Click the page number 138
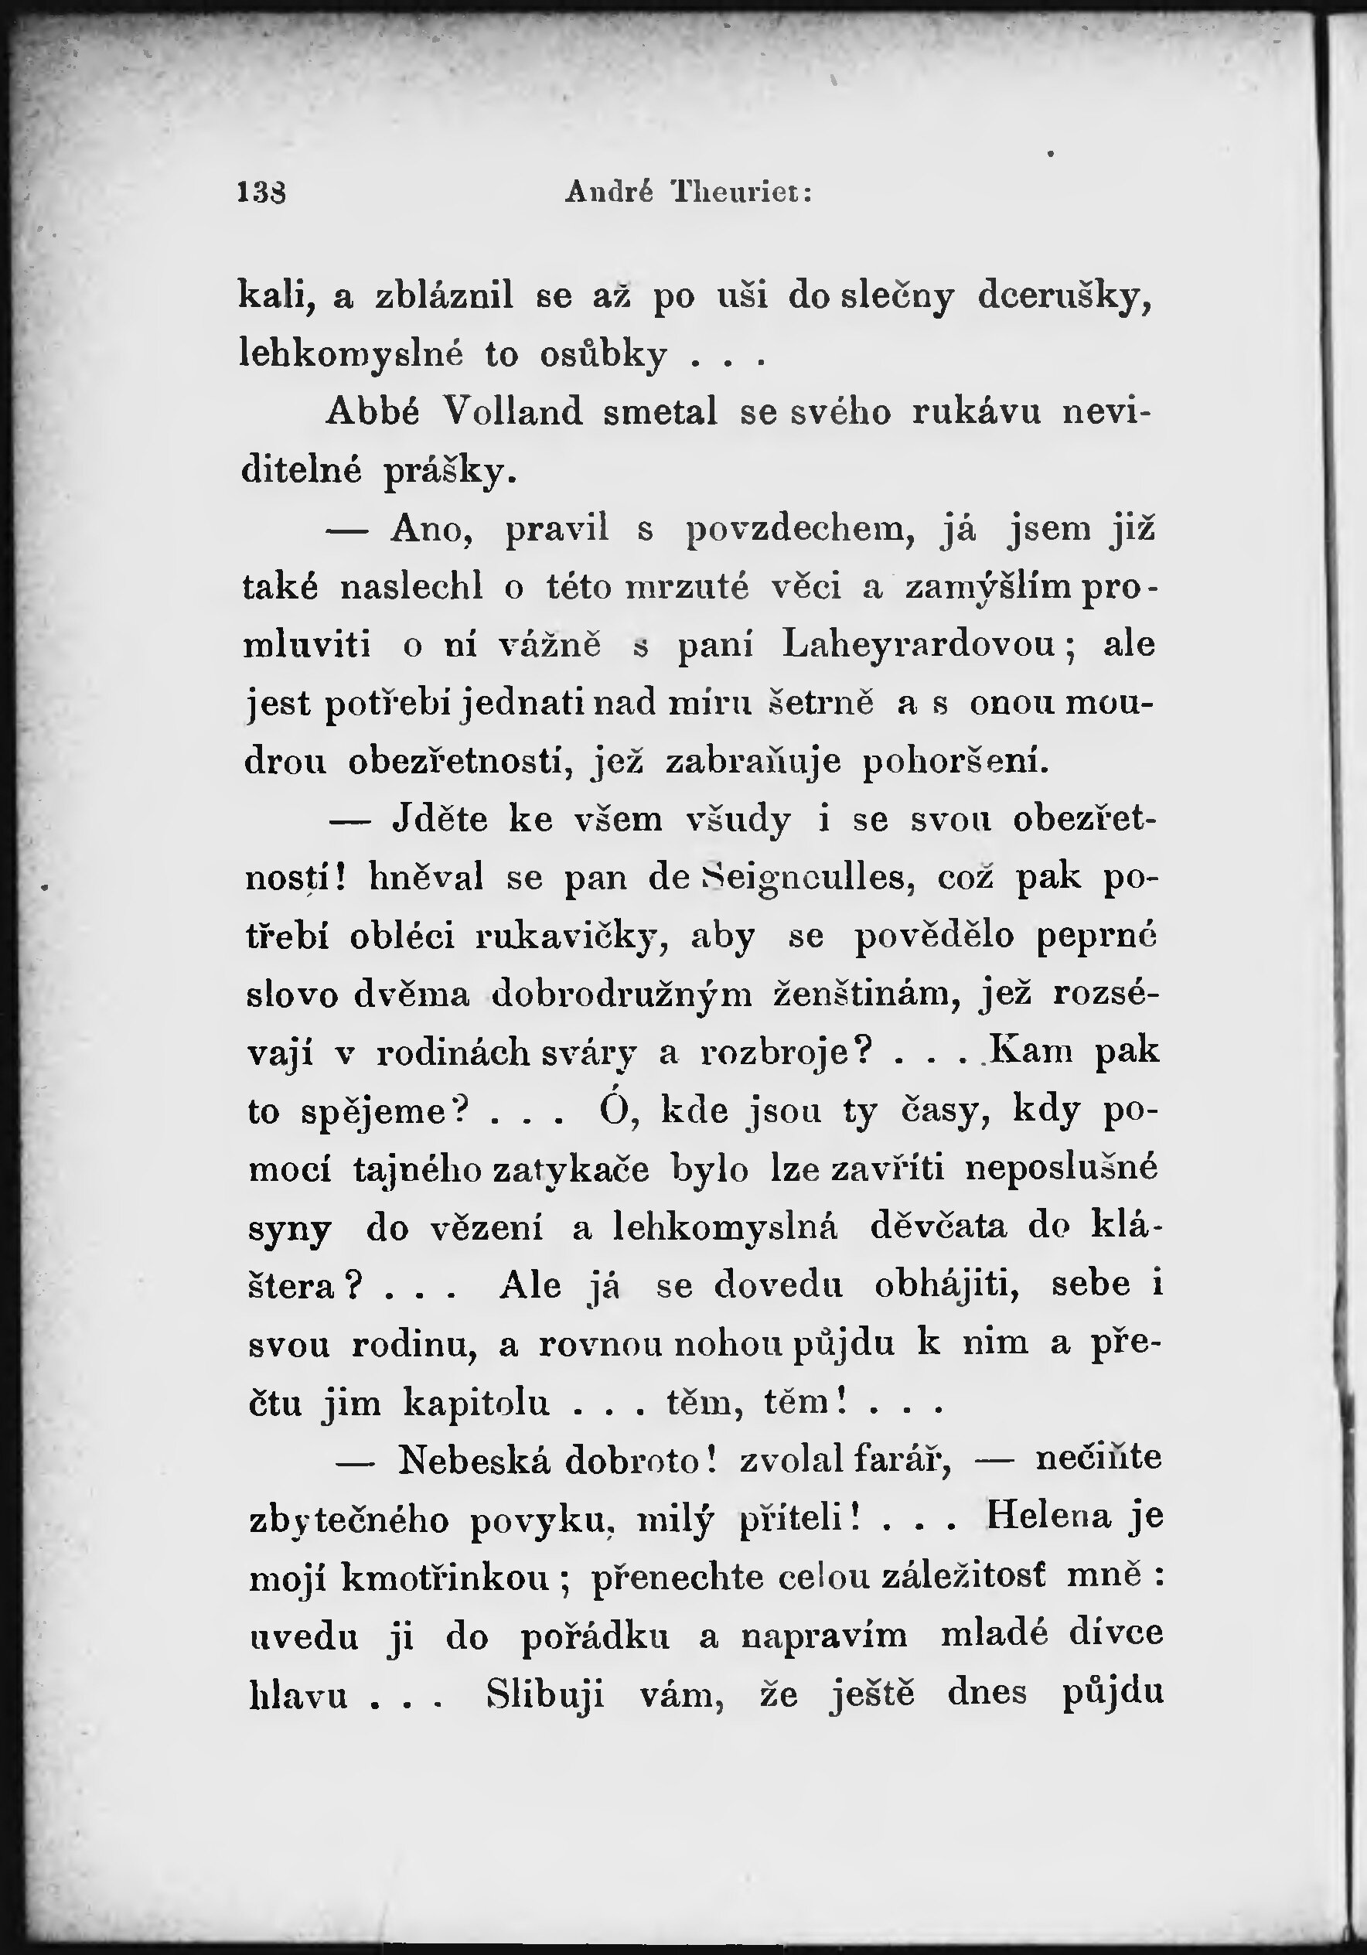click(261, 193)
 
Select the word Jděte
click(440, 819)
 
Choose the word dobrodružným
click(622, 995)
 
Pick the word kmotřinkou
click(445, 1578)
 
